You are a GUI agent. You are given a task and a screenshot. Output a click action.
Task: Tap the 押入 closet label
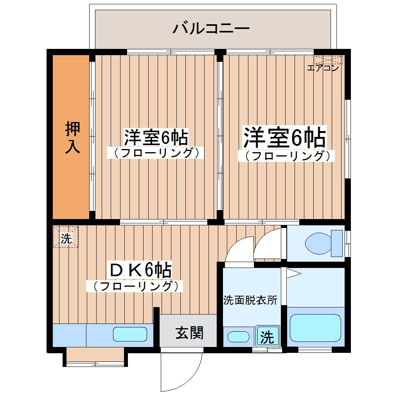tap(72, 137)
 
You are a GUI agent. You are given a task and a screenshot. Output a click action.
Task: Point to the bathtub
tap(315, 328)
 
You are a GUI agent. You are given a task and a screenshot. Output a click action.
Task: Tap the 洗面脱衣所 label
tap(250, 300)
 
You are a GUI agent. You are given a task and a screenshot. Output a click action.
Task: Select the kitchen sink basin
tap(130, 334)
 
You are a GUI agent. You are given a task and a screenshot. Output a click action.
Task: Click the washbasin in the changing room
tap(238, 336)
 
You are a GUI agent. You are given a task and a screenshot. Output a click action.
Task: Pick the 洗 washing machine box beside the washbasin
tap(268, 336)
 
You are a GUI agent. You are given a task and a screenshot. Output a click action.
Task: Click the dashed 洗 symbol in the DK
tap(66, 237)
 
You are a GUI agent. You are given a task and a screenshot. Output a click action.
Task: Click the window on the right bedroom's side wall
tap(347, 139)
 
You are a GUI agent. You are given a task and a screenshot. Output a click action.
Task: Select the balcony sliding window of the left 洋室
tap(171, 52)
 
